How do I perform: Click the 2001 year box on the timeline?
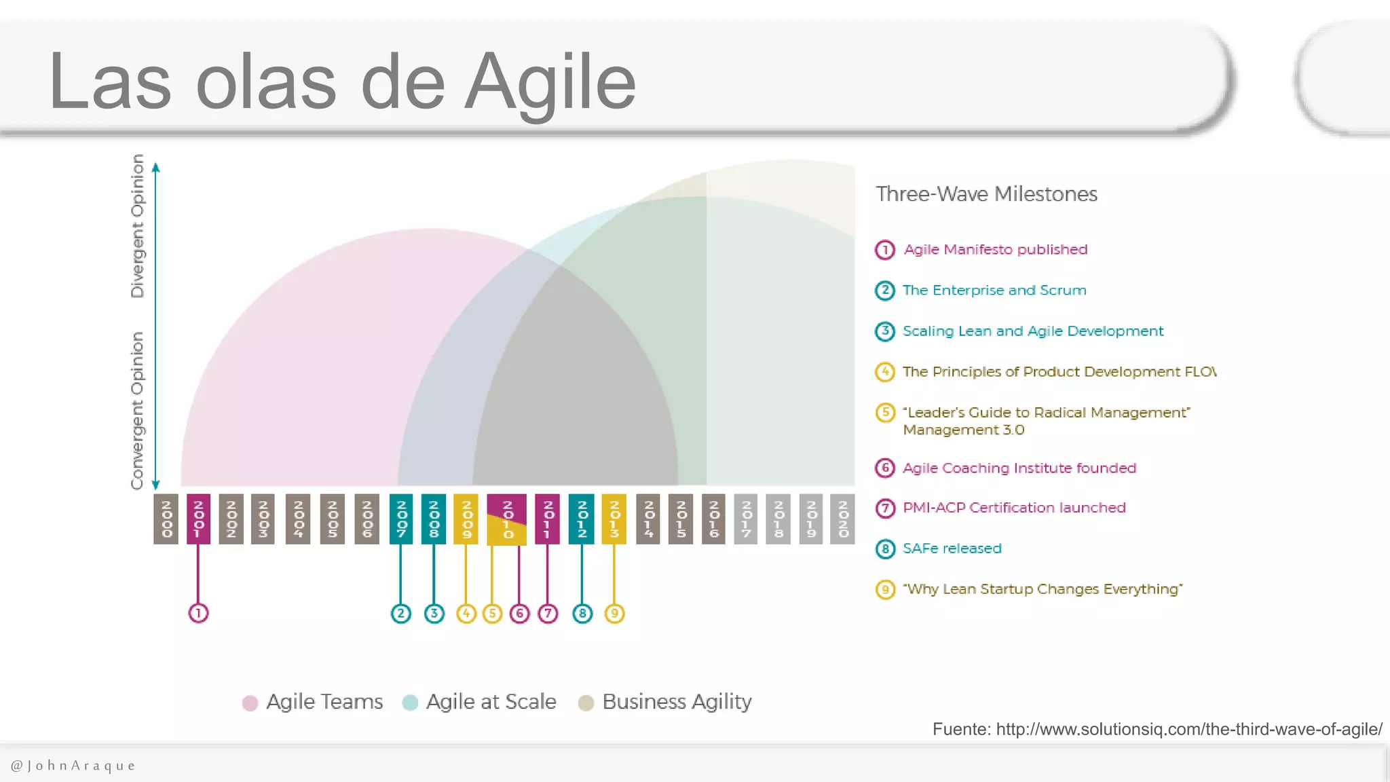pos(198,519)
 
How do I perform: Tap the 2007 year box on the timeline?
pos(401,519)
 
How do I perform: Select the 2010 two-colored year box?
pos(506,519)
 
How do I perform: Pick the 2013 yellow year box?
pos(614,519)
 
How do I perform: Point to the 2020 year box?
pos(843,519)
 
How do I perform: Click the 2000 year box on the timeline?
pos(166,519)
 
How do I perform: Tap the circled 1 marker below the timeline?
pos(198,614)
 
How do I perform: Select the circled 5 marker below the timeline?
pos(493,614)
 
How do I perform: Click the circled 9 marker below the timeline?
pos(614,614)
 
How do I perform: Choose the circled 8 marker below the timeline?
pos(582,614)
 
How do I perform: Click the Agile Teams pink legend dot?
pos(250,703)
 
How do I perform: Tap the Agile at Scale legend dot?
pos(410,703)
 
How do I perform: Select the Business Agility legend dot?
pos(586,703)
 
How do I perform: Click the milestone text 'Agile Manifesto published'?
pos(995,250)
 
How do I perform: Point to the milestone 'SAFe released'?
pos(952,548)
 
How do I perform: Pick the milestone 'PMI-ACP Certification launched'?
pos(1014,508)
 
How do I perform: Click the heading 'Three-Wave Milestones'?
pos(986,194)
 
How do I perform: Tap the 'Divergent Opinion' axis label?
pos(138,226)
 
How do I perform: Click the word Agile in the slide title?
pos(550,83)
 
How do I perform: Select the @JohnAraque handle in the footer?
pos(73,766)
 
